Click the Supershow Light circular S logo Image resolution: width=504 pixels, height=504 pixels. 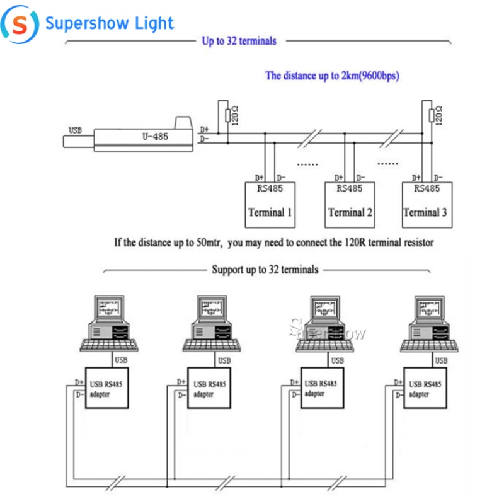[20, 25]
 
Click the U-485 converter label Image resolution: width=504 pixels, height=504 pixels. [155, 137]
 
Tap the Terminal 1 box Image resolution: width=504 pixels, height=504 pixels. [270, 205]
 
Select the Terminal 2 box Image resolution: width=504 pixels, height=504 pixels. [350, 205]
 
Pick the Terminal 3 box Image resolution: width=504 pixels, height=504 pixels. [427, 205]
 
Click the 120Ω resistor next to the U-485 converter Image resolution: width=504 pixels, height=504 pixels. [228, 116]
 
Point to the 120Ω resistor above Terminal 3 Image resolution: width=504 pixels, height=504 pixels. [432, 115]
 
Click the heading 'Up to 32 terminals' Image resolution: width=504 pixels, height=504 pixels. [239, 41]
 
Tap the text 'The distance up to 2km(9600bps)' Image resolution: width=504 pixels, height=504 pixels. [333, 76]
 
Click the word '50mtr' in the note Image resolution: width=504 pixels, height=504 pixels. [209, 243]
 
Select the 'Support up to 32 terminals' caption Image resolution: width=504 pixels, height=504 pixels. [265, 270]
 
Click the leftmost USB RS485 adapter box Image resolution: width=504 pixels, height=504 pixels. [106, 388]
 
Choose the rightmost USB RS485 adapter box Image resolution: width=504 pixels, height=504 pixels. [425, 388]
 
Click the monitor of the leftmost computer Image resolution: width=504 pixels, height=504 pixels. [109, 307]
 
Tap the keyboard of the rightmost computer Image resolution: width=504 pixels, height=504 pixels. [430, 346]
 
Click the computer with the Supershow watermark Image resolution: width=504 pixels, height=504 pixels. [325, 324]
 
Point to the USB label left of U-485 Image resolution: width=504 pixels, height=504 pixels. [75, 130]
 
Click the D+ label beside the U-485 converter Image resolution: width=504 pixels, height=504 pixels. [204, 129]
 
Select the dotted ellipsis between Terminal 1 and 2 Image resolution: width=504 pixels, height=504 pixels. [307, 164]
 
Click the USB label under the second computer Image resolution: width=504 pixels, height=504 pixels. [224, 360]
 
